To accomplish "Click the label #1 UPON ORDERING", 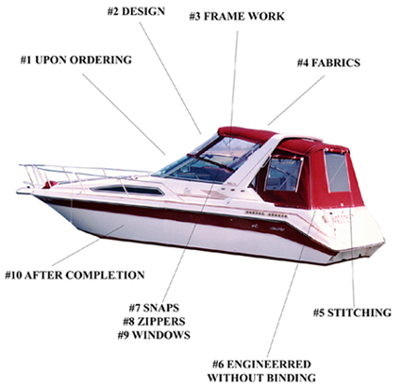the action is [75, 59].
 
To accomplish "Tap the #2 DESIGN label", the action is [136, 11].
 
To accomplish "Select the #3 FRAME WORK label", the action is [237, 16].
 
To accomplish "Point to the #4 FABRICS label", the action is [328, 62].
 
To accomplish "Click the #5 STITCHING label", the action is [352, 312].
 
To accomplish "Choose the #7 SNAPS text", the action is [154, 308].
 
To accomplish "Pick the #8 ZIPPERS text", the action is [154, 321].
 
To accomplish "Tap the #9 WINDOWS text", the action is [154, 335].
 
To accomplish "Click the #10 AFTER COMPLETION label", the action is [75, 275].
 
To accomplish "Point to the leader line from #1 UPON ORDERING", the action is [124, 114].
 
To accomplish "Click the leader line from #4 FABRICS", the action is [296, 100].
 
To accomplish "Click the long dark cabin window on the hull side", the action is [127, 190].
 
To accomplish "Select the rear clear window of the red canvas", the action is [337, 172].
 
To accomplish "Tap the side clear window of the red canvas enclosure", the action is [283, 174].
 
